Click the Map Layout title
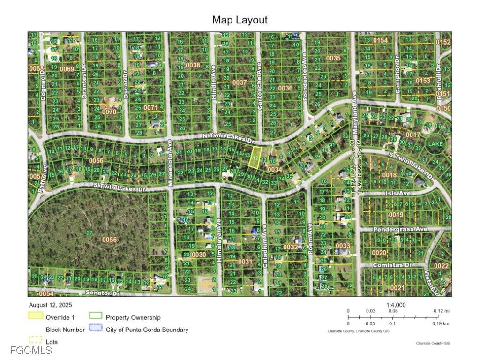(x=240, y=20)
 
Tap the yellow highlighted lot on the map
(x=255, y=156)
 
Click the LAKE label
(x=435, y=144)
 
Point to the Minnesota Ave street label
(x=171, y=162)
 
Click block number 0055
(x=109, y=240)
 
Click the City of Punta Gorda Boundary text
(x=147, y=330)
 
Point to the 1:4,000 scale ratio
(x=396, y=305)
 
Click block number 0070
(x=109, y=112)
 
